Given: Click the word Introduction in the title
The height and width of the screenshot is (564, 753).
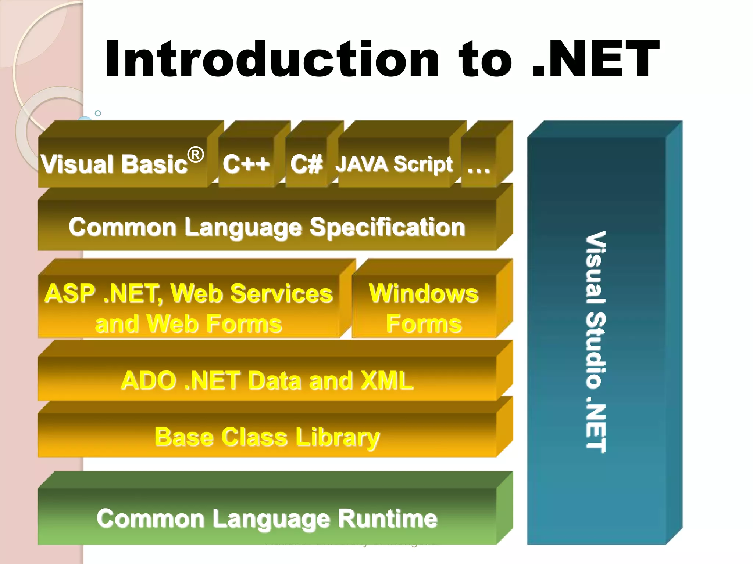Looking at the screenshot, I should [x=272, y=59].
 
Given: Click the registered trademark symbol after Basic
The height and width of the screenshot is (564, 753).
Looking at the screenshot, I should [x=196, y=155].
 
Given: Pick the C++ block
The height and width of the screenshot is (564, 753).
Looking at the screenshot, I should [x=246, y=163].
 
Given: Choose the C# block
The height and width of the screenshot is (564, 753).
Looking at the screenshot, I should [x=306, y=163].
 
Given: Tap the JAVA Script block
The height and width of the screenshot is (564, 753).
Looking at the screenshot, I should [x=394, y=163].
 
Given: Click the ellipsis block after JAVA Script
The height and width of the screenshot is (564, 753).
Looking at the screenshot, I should [x=478, y=165].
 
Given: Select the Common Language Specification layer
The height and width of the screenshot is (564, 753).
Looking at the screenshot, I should [x=267, y=226].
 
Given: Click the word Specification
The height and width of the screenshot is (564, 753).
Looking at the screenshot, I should [x=388, y=227].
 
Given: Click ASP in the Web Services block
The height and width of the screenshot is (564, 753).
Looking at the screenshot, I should [x=70, y=293].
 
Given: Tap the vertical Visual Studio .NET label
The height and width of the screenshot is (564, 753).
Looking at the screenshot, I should [x=596, y=341].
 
